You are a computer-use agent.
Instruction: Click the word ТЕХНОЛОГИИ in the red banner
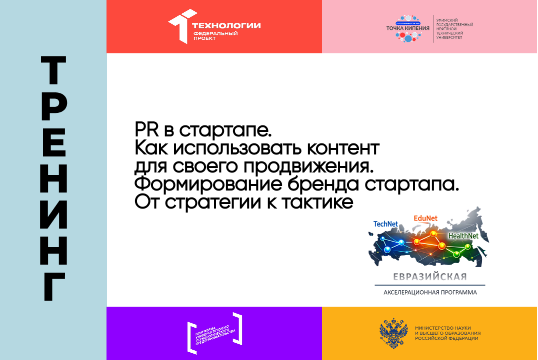227,26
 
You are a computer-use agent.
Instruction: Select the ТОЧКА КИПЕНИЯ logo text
408,28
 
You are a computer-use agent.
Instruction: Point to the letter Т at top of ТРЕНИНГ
53,71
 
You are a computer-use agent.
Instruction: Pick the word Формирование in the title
205,185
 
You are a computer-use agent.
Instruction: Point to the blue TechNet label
385,224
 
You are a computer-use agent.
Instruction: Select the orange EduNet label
425,218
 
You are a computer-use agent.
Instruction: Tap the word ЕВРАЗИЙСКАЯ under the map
430,277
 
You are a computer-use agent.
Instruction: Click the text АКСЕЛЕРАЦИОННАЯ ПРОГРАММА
430,292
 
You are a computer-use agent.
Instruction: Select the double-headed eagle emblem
393,333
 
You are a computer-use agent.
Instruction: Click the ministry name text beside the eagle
447,333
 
